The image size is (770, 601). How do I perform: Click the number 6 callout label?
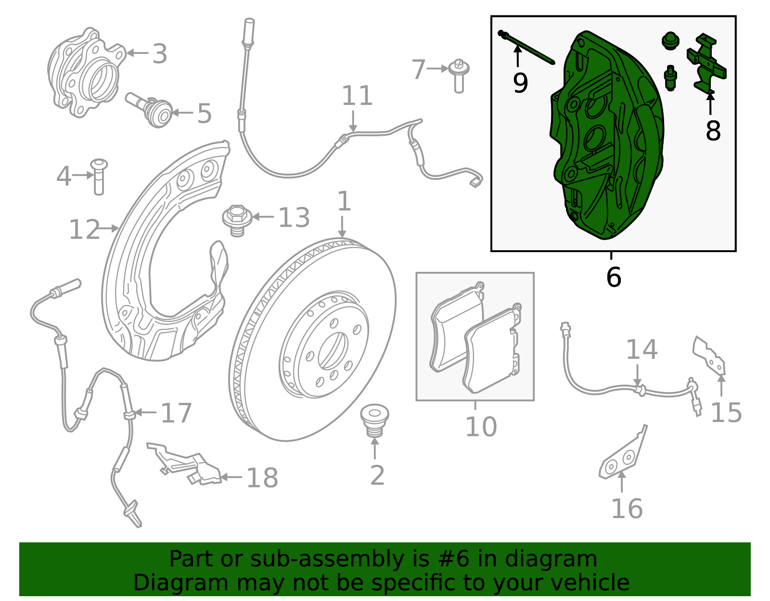(614, 277)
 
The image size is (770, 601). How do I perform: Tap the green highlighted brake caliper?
(606, 140)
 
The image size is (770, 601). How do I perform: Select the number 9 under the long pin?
(520, 83)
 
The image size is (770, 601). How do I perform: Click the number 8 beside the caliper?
(713, 130)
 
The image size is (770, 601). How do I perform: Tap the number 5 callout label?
(205, 114)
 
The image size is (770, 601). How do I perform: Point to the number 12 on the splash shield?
(84, 230)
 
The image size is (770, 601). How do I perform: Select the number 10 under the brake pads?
(481, 426)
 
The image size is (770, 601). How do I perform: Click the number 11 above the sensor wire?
(357, 96)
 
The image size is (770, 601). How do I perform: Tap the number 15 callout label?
(726, 412)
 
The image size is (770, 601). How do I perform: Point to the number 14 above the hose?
(642, 350)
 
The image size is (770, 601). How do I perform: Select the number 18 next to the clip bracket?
(262, 478)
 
